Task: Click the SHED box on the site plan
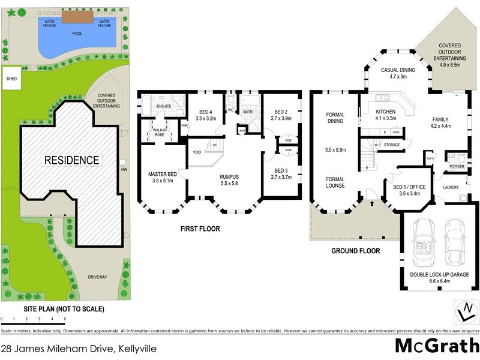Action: coord(11,79)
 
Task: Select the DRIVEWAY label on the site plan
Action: coord(98,277)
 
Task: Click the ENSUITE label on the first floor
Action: coord(163,106)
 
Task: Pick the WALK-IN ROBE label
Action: coord(159,132)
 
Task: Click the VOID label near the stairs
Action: coord(197,152)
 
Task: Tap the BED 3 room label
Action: coord(281,170)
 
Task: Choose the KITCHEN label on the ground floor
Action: coord(386,112)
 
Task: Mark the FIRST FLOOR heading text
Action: coord(200,229)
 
